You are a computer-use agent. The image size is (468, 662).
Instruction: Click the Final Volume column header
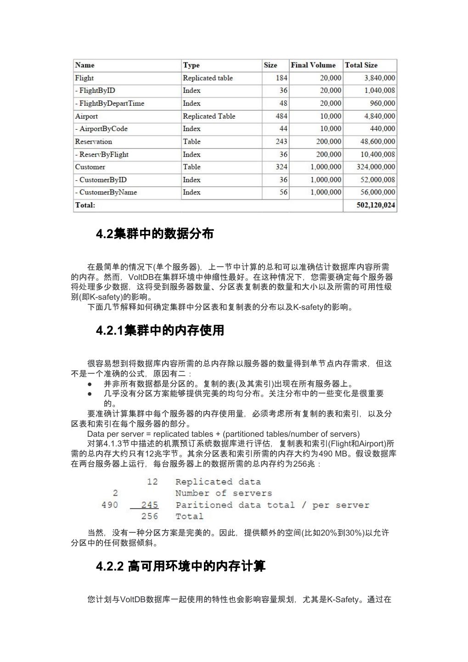point(313,65)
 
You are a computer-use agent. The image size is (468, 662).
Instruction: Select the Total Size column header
point(361,65)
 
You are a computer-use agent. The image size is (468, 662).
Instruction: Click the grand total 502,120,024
point(376,205)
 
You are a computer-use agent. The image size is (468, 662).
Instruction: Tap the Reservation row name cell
point(94,142)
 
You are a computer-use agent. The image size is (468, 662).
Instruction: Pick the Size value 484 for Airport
point(281,116)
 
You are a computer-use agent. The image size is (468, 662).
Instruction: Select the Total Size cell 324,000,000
point(376,167)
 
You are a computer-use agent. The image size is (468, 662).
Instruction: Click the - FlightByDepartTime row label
point(110,103)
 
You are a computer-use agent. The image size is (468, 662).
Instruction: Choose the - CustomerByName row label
point(106,192)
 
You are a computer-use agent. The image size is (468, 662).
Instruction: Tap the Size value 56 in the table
point(283,192)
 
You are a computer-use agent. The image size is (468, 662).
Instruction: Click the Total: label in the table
point(85,205)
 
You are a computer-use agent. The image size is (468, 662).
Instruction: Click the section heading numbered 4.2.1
point(160,330)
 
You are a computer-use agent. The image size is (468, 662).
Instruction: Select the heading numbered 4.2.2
point(180,566)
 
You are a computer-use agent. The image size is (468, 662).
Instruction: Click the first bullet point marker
point(90,383)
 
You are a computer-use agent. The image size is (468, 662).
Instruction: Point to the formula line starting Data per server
point(223,434)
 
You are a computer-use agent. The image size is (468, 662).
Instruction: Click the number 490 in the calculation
point(109,505)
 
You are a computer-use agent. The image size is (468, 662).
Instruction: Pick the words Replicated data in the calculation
point(218,482)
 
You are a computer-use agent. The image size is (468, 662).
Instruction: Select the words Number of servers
point(223,493)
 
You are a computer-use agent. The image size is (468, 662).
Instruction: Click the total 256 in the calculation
point(150,516)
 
